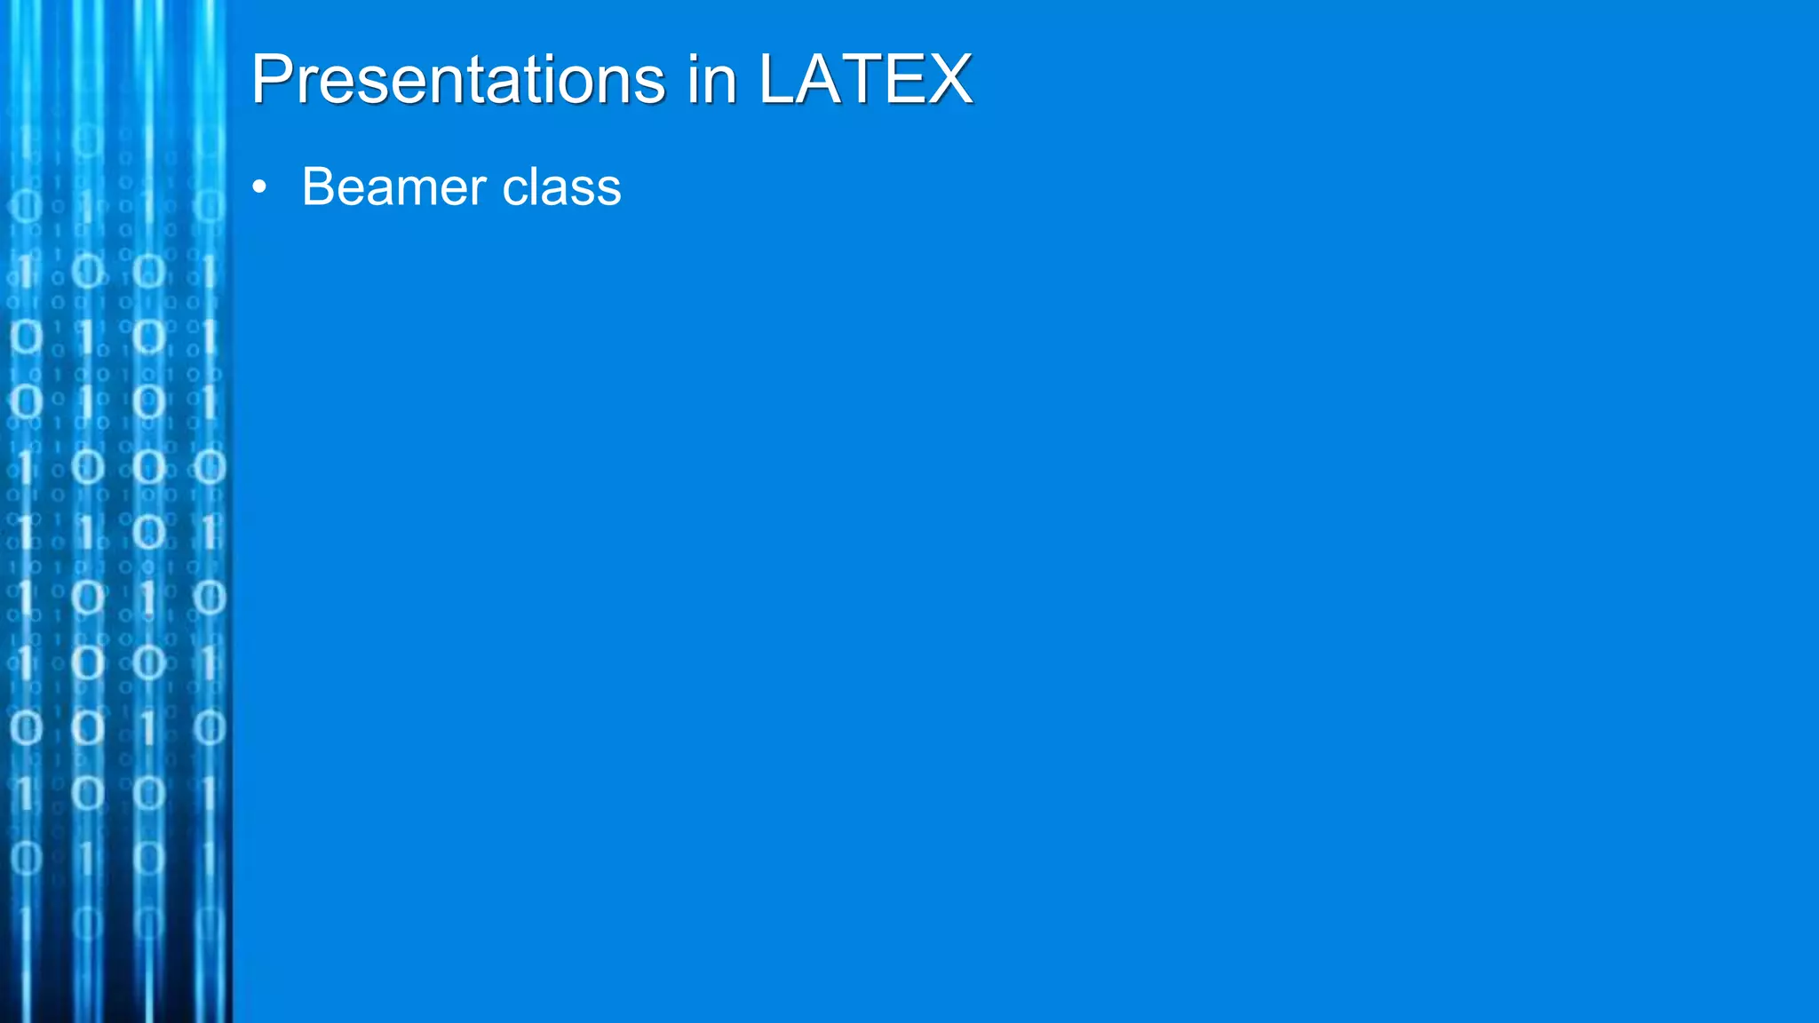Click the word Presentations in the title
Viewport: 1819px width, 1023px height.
pyautogui.click(x=457, y=80)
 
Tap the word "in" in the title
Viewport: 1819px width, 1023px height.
pyautogui.click(x=711, y=80)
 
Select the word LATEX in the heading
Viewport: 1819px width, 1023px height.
pyautogui.click(x=865, y=80)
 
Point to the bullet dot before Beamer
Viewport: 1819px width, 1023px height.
pyautogui.click(x=259, y=187)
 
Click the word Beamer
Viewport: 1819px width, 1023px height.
pyautogui.click(x=394, y=187)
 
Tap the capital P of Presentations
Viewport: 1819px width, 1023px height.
pyautogui.click(x=272, y=80)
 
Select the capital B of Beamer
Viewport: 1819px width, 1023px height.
pyautogui.click(x=318, y=187)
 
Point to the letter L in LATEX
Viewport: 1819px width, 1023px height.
pyautogui.click(x=776, y=80)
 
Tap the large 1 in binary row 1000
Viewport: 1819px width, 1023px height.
pyautogui.click(x=26, y=467)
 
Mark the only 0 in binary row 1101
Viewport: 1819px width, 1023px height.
pyautogui.click(x=148, y=532)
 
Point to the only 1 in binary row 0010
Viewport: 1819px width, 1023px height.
pyautogui.click(x=148, y=728)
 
